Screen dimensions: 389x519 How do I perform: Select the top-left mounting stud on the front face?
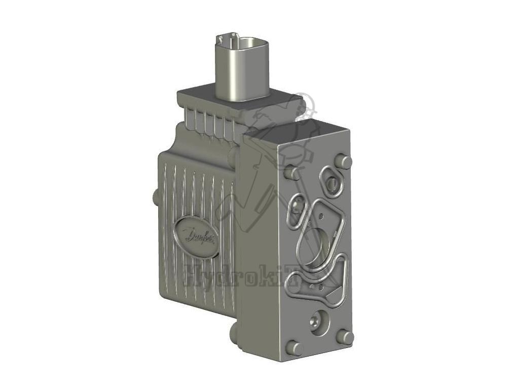[292, 173]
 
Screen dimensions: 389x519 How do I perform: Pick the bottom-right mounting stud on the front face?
[346, 336]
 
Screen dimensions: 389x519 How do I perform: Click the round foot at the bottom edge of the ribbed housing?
[234, 332]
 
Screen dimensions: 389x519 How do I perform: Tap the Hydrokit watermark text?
[253, 278]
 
